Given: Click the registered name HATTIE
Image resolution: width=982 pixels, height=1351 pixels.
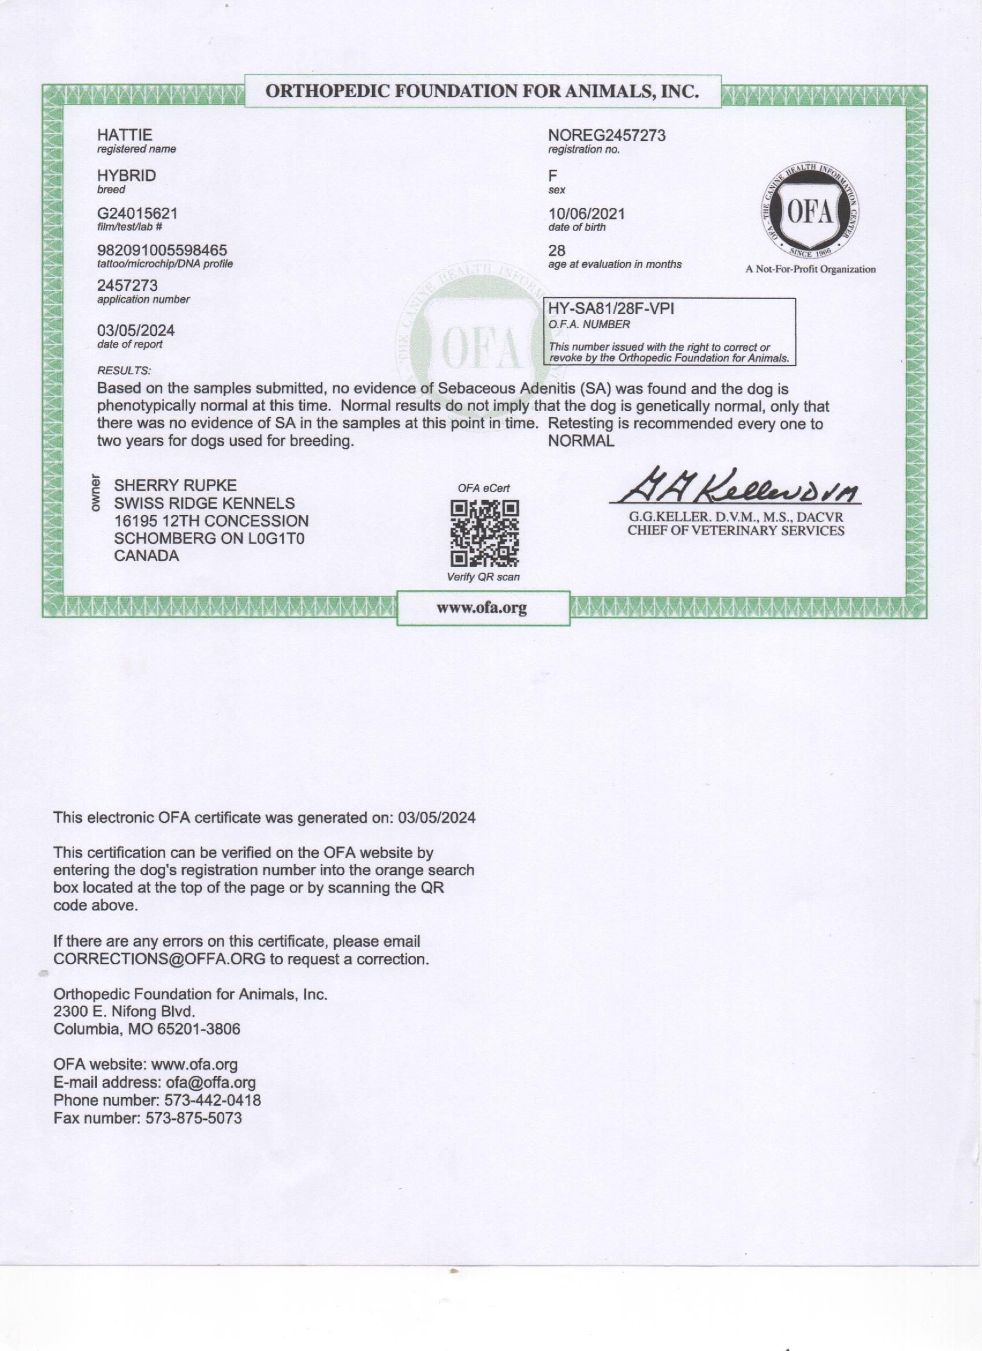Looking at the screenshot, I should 125,135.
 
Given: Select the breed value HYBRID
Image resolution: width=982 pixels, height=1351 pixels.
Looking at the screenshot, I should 127,176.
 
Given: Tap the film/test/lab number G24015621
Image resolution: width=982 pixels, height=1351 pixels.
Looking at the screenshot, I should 137,213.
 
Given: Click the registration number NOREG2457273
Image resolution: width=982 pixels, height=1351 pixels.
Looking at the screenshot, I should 607,136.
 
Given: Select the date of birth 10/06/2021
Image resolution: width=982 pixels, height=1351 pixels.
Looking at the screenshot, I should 586,214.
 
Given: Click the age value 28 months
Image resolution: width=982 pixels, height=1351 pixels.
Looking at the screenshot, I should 556,251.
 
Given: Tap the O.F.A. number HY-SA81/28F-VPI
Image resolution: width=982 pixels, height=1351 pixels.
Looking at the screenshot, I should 611,308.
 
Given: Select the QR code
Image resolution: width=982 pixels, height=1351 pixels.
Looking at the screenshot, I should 485,533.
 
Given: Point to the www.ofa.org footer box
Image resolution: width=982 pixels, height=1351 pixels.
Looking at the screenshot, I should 482,608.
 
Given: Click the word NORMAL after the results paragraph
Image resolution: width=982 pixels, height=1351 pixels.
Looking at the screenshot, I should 581,442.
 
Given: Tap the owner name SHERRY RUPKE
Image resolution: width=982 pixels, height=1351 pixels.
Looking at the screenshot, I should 175,486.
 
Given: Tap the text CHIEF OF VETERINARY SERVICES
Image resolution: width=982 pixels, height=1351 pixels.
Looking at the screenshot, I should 735,531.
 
